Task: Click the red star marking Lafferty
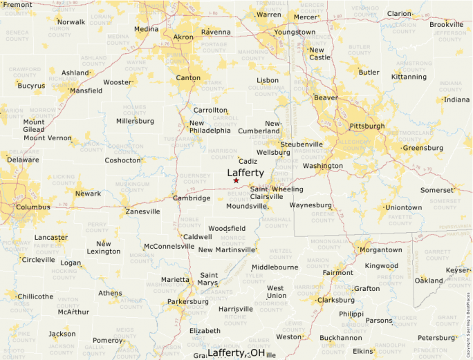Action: [x=236, y=180]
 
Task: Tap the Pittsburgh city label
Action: [x=367, y=126]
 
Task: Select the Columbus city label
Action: [x=33, y=207]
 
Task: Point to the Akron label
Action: [x=183, y=37]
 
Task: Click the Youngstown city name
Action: [x=295, y=32]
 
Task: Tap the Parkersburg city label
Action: [x=187, y=301]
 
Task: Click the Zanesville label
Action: [x=142, y=211]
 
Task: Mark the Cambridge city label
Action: [x=192, y=198]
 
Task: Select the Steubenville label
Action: [x=302, y=144]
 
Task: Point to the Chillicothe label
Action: [x=35, y=296]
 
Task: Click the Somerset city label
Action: [x=436, y=190]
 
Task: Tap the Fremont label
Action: [x=18, y=5]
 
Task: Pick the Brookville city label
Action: [x=446, y=25]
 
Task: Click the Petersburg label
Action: [x=437, y=338]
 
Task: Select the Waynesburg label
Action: [x=310, y=205]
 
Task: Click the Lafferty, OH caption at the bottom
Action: [x=236, y=352]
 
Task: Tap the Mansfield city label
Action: [x=86, y=91]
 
